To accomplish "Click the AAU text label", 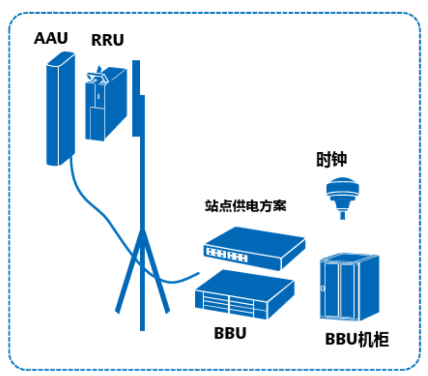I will [x=51, y=38].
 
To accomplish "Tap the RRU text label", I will [x=107, y=40].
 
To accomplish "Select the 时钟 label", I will [x=331, y=160].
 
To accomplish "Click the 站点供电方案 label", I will [x=246, y=206].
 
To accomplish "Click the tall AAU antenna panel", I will [x=60, y=109].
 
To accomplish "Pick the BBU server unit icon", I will [x=245, y=295].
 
